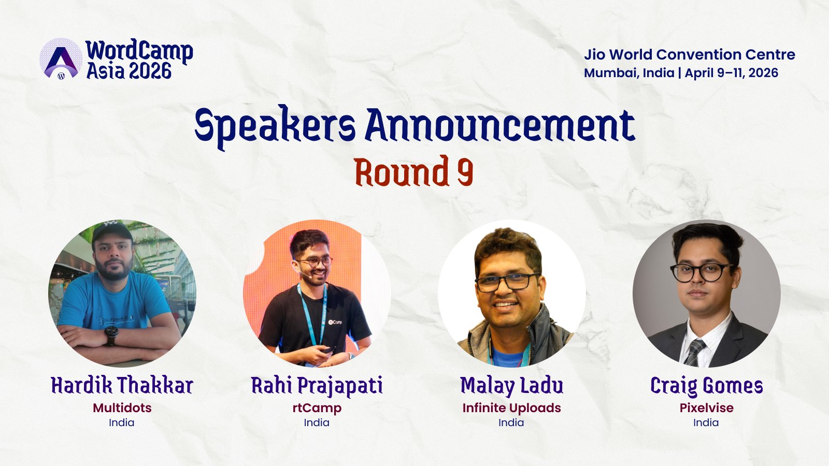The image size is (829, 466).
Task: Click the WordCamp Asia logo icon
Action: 61,59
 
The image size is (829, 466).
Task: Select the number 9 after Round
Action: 465,172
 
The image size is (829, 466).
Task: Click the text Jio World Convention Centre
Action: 689,54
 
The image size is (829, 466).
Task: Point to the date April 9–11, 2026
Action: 731,73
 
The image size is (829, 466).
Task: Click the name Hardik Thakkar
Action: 122,386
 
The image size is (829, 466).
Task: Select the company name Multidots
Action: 122,408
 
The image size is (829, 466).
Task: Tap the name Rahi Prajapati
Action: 317,386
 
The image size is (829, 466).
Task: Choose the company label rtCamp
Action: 317,408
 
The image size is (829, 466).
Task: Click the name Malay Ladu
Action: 511,386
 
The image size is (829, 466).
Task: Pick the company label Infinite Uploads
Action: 511,408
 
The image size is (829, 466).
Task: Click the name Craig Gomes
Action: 706,386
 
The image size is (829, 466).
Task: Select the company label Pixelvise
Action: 706,408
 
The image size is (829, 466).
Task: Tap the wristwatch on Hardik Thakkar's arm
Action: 111,336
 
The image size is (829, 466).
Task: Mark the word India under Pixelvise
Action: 706,423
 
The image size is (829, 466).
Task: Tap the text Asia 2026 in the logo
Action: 129,71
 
